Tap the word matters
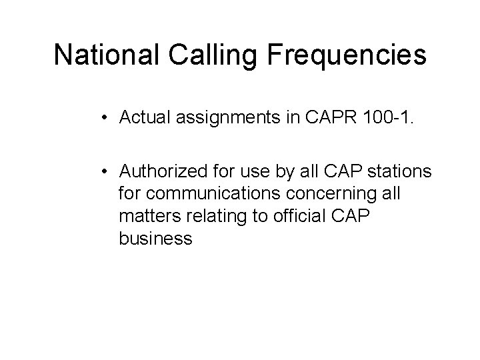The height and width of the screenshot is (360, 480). point(143,217)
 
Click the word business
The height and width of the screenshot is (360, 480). point(155,238)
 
